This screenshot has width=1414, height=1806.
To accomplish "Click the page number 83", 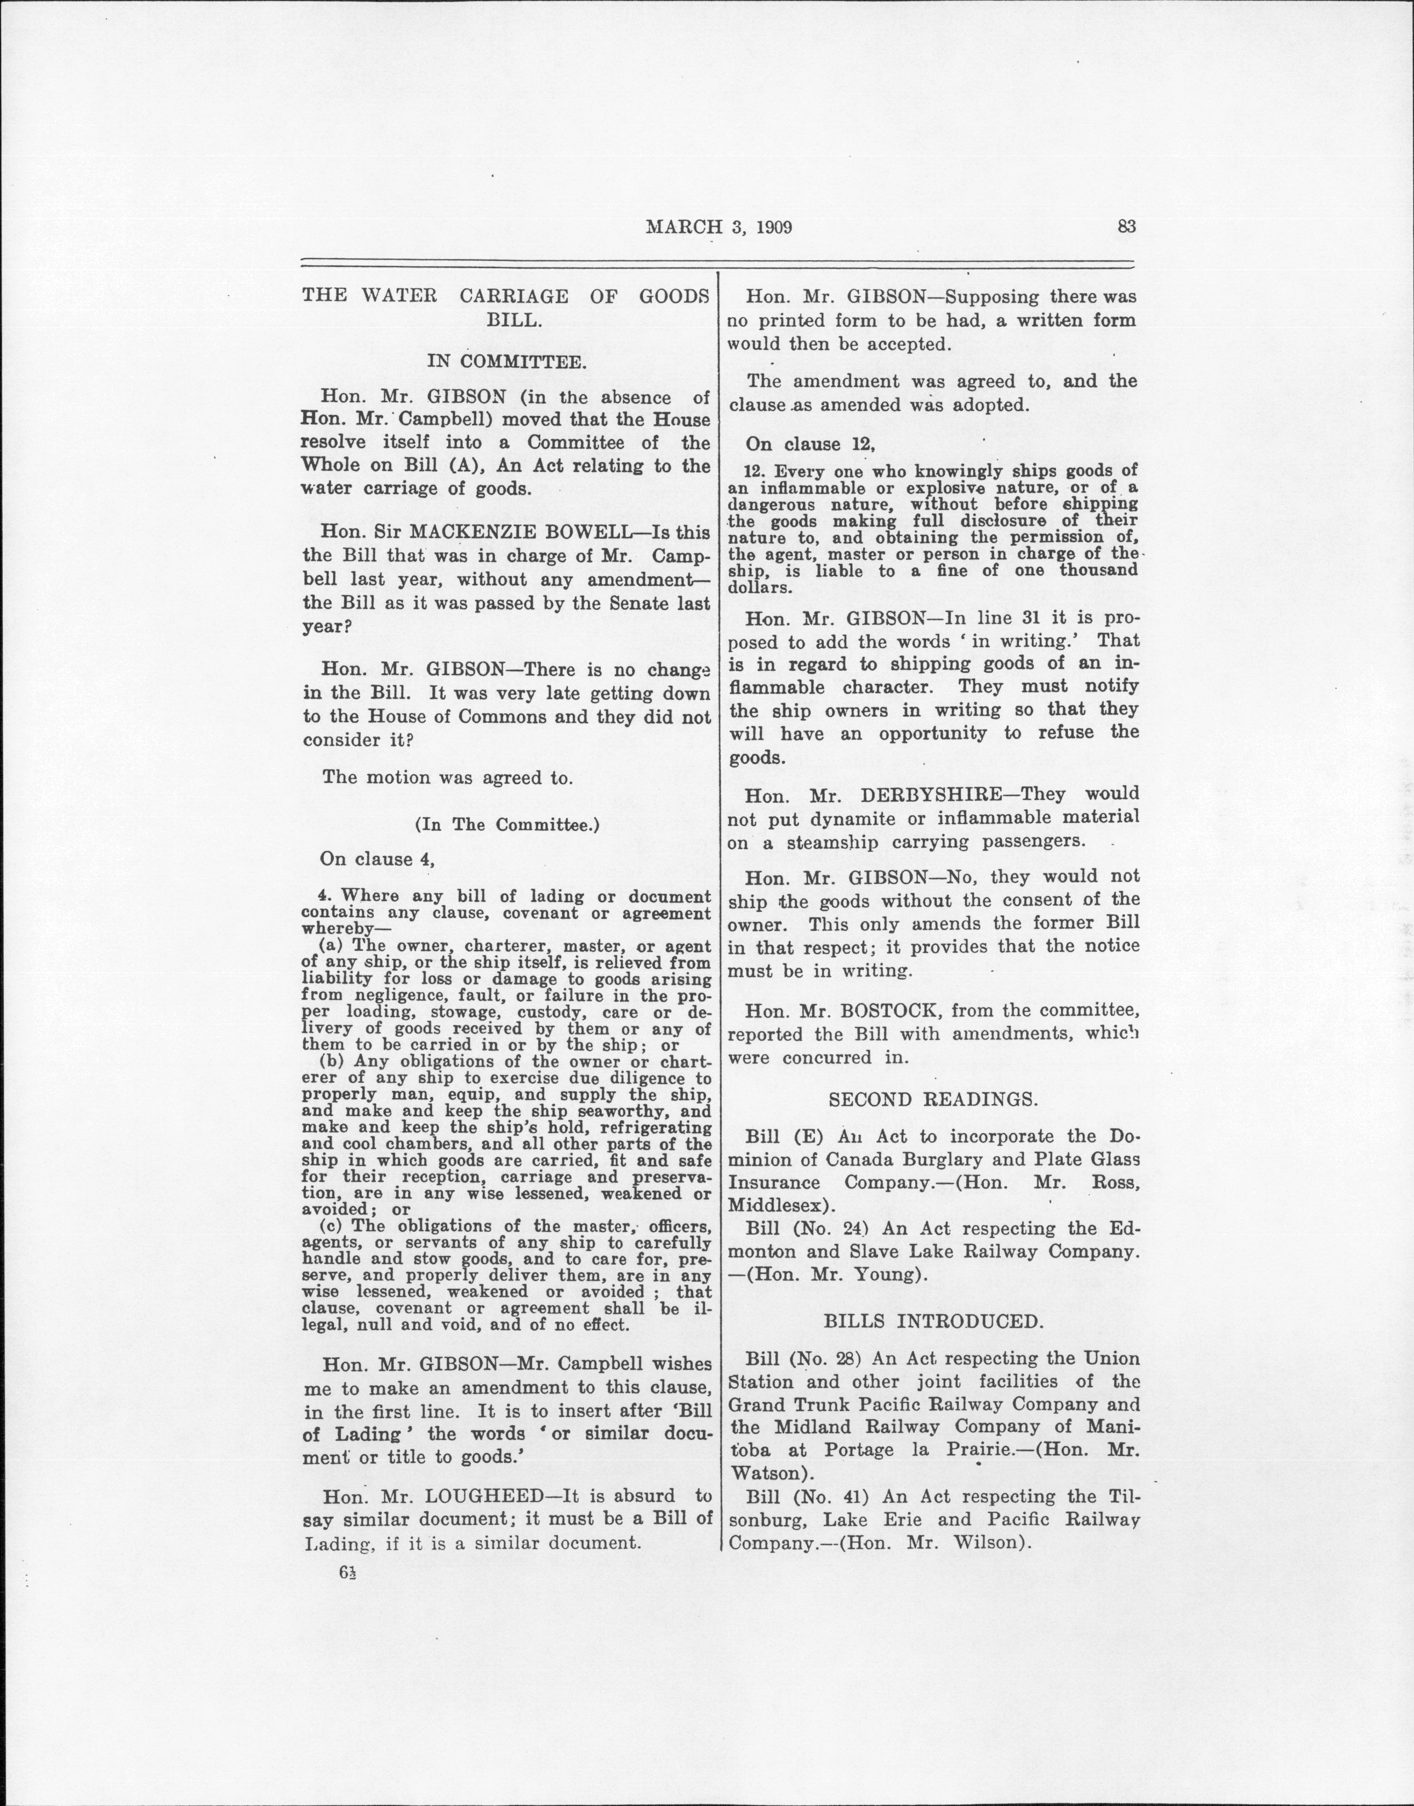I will pyautogui.click(x=1126, y=226).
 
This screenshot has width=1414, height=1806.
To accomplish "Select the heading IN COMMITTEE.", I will pyautogui.click(x=506, y=361).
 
